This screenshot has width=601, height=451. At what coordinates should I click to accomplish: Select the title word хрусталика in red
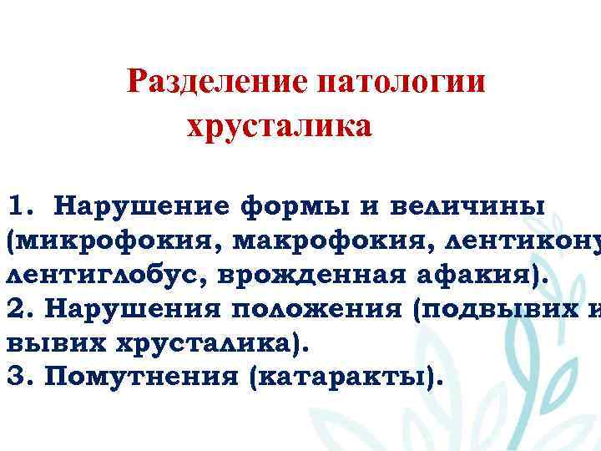click(278, 128)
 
